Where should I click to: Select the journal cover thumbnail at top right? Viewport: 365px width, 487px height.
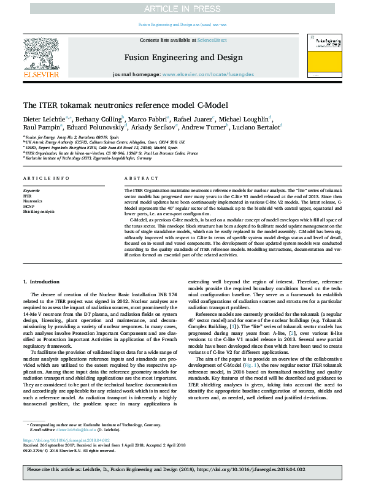pos(325,56)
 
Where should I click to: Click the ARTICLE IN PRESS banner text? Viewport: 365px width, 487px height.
pos(182,8)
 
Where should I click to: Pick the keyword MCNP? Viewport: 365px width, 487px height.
pos(29,205)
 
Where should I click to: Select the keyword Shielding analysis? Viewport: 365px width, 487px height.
pos(39,210)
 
